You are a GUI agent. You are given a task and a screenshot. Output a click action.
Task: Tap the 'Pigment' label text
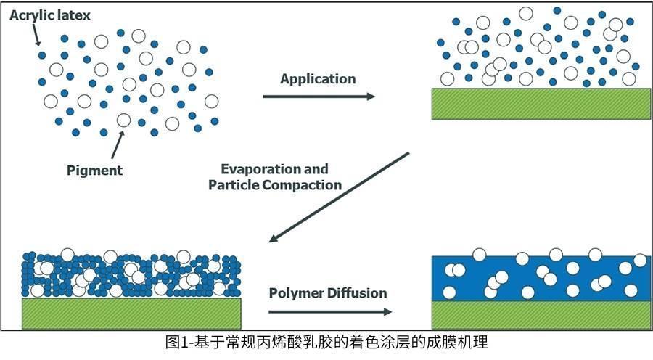click(x=94, y=171)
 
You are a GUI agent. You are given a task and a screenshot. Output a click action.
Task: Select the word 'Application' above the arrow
click(x=318, y=79)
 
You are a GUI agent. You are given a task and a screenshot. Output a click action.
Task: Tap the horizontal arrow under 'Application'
click(x=319, y=96)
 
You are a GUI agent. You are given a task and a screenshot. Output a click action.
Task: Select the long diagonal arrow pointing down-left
click(x=340, y=197)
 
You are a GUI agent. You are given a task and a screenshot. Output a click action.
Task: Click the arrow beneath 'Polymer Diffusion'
click(x=329, y=311)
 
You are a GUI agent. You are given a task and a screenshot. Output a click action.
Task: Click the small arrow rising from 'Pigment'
click(x=116, y=145)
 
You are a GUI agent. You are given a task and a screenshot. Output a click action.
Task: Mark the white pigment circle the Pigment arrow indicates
click(x=124, y=120)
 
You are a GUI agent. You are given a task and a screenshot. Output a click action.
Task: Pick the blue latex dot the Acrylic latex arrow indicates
click(x=41, y=55)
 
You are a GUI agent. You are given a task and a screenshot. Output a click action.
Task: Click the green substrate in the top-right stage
click(x=541, y=103)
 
